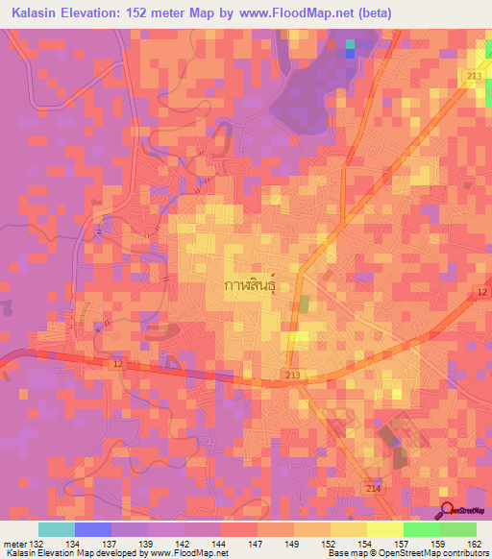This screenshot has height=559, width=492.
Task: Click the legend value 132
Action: [x=37, y=543]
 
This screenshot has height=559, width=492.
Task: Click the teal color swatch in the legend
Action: [x=56, y=529]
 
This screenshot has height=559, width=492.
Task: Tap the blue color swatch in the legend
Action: [x=92, y=529]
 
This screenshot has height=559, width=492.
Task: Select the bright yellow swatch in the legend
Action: [x=384, y=529]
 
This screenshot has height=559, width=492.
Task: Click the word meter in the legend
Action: [x=14, y=543]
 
